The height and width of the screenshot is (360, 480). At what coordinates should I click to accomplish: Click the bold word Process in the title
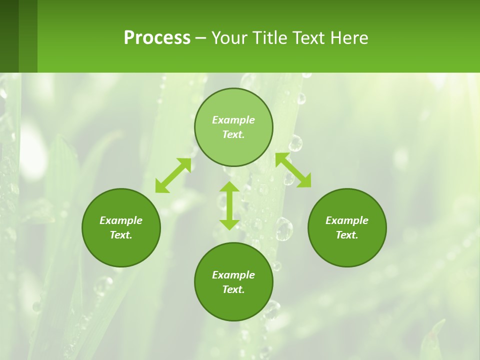tap(157, 37)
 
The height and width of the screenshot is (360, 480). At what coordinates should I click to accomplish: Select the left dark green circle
tap(121, 250)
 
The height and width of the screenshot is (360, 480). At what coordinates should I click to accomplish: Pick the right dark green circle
tap(347, 252)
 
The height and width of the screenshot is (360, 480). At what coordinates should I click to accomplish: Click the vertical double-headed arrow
tap(229, 205)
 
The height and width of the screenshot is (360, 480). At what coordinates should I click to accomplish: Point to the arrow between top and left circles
tap(173, 175)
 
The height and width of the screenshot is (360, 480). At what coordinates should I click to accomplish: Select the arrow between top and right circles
tap(293, 170)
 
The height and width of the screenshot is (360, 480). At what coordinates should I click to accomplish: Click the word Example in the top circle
tap(233, 120)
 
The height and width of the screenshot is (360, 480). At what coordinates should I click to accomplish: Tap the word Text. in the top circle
tap(233, 134)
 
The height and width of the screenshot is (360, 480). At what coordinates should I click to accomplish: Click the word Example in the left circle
tap(121, 220)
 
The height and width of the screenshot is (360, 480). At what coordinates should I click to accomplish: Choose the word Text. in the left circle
tap(121, 235)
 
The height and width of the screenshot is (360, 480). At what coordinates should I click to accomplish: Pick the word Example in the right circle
tap(347, 220)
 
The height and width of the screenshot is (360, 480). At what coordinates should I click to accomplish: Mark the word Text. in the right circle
tap(347, 235)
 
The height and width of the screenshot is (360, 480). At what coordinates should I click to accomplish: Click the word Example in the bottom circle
tap(233, 275)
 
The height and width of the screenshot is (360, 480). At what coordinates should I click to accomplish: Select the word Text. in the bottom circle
tap(233, 289)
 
